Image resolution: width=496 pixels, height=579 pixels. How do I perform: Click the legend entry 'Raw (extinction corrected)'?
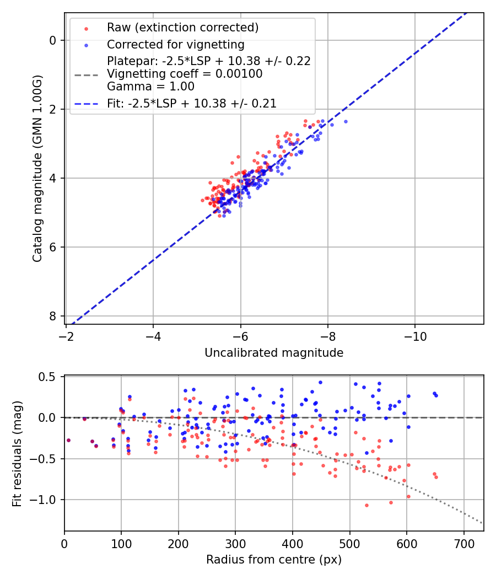tap(182, 28)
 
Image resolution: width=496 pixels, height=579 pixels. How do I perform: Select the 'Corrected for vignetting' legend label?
tap(175, 44)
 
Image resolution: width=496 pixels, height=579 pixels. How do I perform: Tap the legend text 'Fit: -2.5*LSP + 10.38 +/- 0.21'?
tap(192, 103)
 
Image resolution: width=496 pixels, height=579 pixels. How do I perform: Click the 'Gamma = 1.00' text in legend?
tap(150, 86)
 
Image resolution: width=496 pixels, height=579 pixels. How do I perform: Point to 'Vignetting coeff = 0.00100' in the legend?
tap(185, 73)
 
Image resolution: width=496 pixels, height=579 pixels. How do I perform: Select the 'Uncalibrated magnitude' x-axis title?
tap(274, 353)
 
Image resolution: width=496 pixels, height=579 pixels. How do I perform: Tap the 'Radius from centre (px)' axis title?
tap(274, 560)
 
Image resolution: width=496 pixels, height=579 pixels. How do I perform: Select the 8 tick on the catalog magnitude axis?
tap(52, 316)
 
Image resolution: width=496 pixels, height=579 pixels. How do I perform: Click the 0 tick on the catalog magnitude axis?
tap(52, 40)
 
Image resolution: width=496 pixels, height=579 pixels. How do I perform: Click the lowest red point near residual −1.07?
tap(366, 505)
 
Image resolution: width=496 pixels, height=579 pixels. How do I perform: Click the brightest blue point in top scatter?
tap(346, 121)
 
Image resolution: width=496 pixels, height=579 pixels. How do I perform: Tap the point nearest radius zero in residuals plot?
tap(68, 440)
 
